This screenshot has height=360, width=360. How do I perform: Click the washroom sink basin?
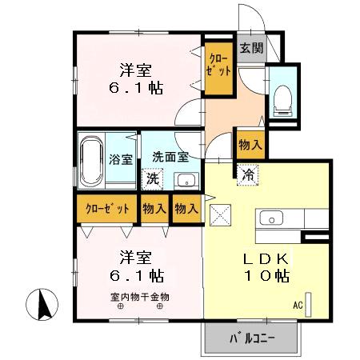point(186,179)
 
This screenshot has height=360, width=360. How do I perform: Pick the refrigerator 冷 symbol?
point(249,173)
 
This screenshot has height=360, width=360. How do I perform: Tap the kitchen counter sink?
point(270,218)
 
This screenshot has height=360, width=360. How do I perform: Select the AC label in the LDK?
point(298,306)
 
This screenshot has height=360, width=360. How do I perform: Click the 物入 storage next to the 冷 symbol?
point(249,145)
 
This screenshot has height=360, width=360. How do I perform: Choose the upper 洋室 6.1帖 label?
point(136,78)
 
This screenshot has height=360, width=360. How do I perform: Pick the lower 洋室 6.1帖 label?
point(137,266)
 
